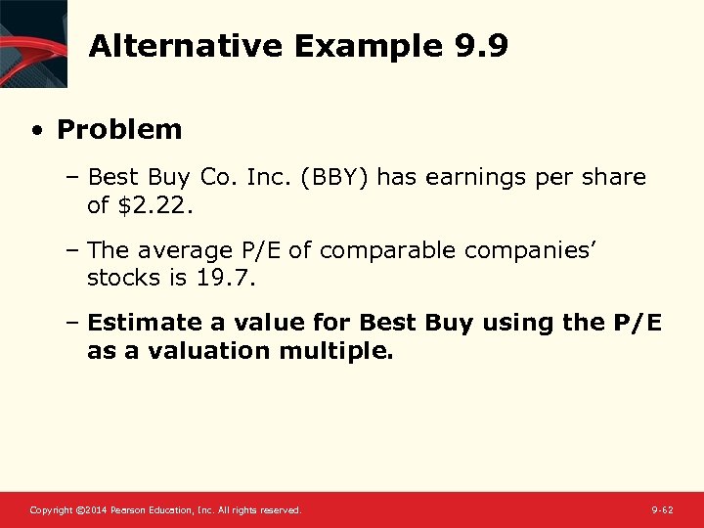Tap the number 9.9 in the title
coord(482,46)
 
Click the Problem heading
coord(119,129)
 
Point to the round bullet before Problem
coord(36,130)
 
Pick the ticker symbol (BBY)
coord(335,177)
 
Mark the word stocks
coord(123,278)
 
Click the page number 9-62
coord(662,510)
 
